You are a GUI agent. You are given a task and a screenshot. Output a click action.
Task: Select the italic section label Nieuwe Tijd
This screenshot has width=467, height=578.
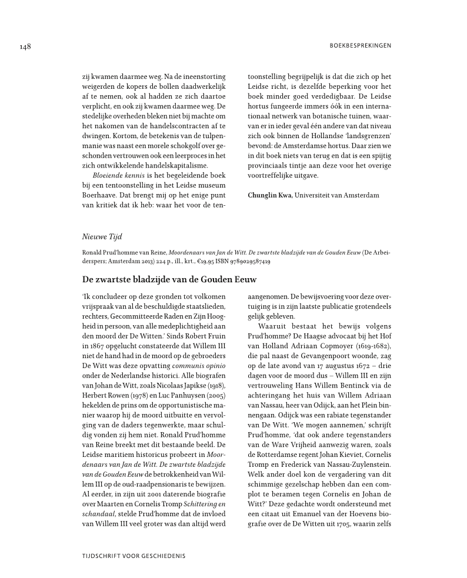click(101, 237)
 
